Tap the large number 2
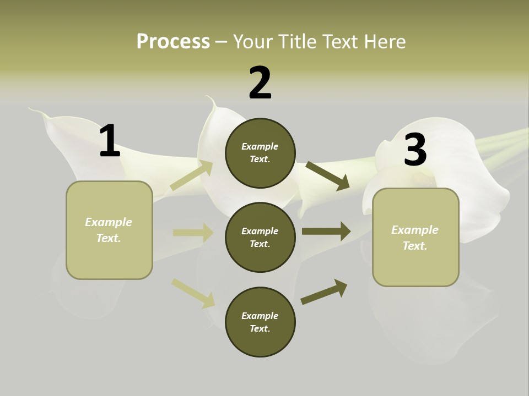(x=260, y=83)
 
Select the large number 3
(x=415, y=150)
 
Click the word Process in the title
(x=173, y=41)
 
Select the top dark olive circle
(x=260, y=153)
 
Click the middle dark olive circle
(x=260, y=238)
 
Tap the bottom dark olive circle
(x=260, y=322)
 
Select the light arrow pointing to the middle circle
(x=193, y=233)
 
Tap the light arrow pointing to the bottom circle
(x=193, y=293)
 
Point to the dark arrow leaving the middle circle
(x=326, y=231)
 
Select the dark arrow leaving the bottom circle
(x=324, y=291)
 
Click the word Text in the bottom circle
(x=260, y=329)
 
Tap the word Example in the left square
(x=109, y=222)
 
